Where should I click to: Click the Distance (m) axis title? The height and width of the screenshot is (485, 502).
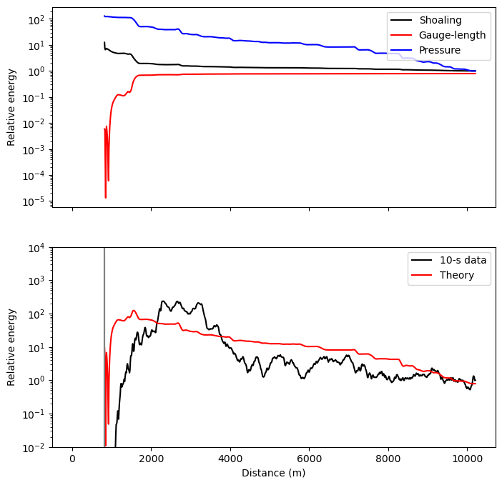point(273,473)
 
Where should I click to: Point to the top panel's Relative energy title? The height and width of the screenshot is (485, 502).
point(11,107)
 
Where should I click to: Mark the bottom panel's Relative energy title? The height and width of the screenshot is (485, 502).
point(11,347)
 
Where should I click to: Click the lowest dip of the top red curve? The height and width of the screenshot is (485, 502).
point(106,197)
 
